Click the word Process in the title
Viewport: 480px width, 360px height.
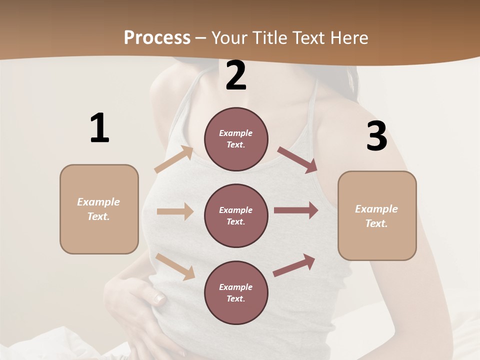coord(157,37)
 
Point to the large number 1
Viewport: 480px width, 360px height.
coord(99,128)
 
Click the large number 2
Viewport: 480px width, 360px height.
coord(236,75)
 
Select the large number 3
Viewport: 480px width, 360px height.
coord(376,136)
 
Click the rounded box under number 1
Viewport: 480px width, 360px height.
coord(99,209)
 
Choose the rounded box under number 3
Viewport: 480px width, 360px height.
coord(377,215)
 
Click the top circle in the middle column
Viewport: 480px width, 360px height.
coord(236,139)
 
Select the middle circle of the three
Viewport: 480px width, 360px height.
coord(236,215)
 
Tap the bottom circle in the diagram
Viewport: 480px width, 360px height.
coord(236,292)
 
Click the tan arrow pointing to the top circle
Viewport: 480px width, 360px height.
coord(174,159)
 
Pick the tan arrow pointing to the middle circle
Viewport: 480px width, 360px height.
coord(175,211)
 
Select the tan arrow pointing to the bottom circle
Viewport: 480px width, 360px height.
coord(175,266)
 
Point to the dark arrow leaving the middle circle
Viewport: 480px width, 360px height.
coord(296,210)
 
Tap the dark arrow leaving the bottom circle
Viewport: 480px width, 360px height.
coord(294,265)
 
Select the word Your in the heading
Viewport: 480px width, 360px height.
coord(230,37)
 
